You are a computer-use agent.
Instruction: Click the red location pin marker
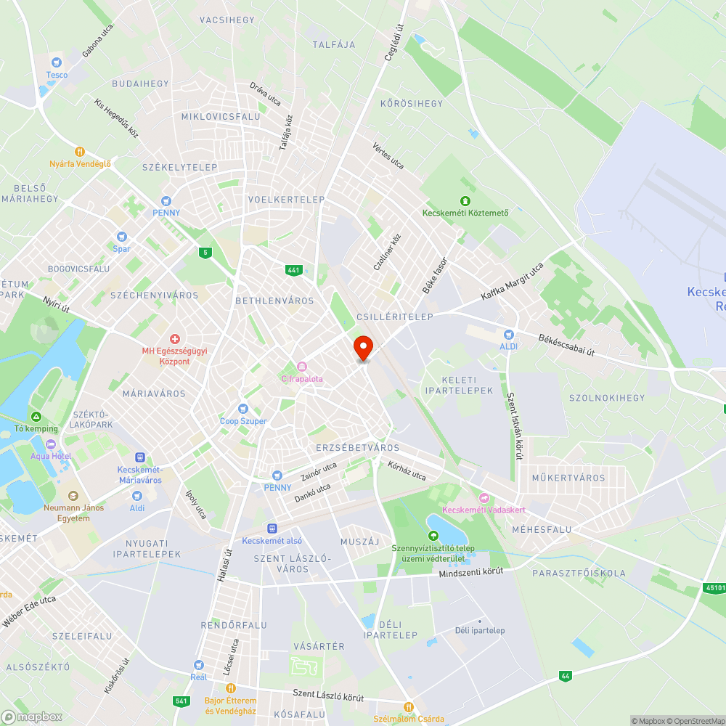pyautogui.click(x=362, y=348)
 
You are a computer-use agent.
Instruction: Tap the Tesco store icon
pyautogui.click(x=57, y=62)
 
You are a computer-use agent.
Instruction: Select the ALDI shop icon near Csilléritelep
pyautogui.click(x=509, y=335)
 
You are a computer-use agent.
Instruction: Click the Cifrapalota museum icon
pyautogui.click(x=302, y=367)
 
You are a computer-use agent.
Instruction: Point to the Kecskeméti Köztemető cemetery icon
pyautogui.click(x=465, y=200)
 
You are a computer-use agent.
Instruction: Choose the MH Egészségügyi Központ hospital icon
pyautogui.click(x=174, y=339)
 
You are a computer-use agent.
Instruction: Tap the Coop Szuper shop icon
pyautogui.click(x=243, y=409)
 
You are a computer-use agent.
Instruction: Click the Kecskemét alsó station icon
pyautogui.click(x=272, y=529)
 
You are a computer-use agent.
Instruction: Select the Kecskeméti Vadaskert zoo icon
pyautogui.click(x=484, y=497)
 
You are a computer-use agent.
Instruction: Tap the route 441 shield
pyautogui.click(x=293, y=270)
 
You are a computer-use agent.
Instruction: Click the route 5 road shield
pyautogui.click(x=206, y=252)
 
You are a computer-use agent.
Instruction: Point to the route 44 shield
pyautogui.click(x=565, y=676)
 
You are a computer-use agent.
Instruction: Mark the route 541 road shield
pyautogui.click(x=181, y=701)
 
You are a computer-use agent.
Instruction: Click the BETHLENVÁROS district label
pyautogui.click(x=274, y=301)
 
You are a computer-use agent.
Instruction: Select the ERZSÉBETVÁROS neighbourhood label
pyautogui.click(x=358, y=448)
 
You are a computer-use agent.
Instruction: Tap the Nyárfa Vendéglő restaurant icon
pyautogui.click(x=80, y=152)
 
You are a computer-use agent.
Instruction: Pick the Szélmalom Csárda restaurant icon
pyautogui.click(x=408, y=706)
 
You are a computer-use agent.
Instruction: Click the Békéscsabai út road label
pyautogui.click(x=566, y=346)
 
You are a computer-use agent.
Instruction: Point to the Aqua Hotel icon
pyautogui.click(x=50, y=444)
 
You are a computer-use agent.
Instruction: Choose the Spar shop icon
pyautogui.click(x=121, y=237)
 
